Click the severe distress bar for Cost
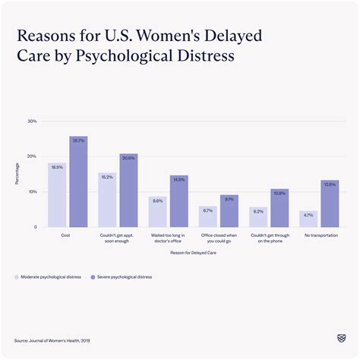tap(78, 182)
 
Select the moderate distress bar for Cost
tap(57, 195)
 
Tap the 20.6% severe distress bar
tap(128, 191)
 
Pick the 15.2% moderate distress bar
tap(107, 201)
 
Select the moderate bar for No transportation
tap(308, 219)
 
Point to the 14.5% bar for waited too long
tap(178, 201)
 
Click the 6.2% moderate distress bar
tap(258, 216)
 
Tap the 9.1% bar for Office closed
tap(229, 211)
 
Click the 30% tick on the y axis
tap(32, 121)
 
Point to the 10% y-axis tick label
tap(32, 191)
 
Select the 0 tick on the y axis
tap(34, 227)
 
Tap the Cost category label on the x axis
tap(67, 235)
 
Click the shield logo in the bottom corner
tap(339, 338)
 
